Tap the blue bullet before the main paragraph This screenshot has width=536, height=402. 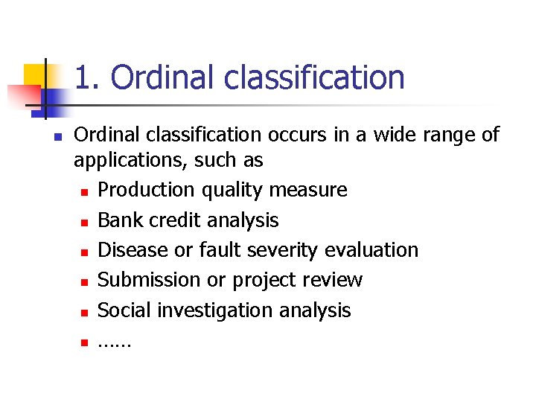pos(57,136)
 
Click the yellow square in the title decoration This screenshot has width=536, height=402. pos(34,74)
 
